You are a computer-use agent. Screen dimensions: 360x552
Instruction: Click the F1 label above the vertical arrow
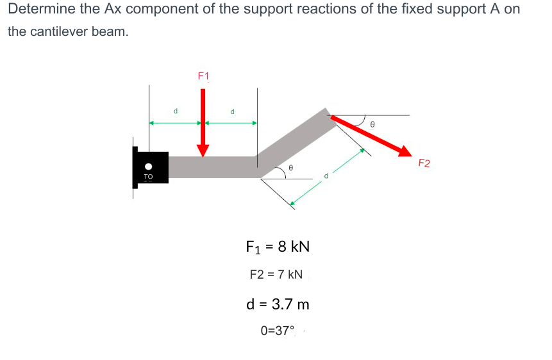[x=203, y=76]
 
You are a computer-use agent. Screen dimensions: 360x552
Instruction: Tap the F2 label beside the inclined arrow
[x=424, y=163]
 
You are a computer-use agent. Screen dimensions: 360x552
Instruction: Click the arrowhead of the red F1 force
[x=203, y=150]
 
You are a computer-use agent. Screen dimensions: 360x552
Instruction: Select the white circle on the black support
[x=148, y=165]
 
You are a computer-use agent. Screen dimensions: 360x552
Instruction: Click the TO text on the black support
[x=149, y=176]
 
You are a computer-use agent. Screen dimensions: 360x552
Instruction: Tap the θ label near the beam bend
[x=290, y=167]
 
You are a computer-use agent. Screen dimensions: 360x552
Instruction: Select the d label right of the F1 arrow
[x=232, y=111]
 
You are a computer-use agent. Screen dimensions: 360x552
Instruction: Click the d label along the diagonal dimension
[x=326, y=175]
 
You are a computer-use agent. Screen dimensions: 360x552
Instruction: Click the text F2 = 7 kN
[x=276, y=275]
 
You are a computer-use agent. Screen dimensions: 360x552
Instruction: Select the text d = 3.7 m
[x=278, y=304]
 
